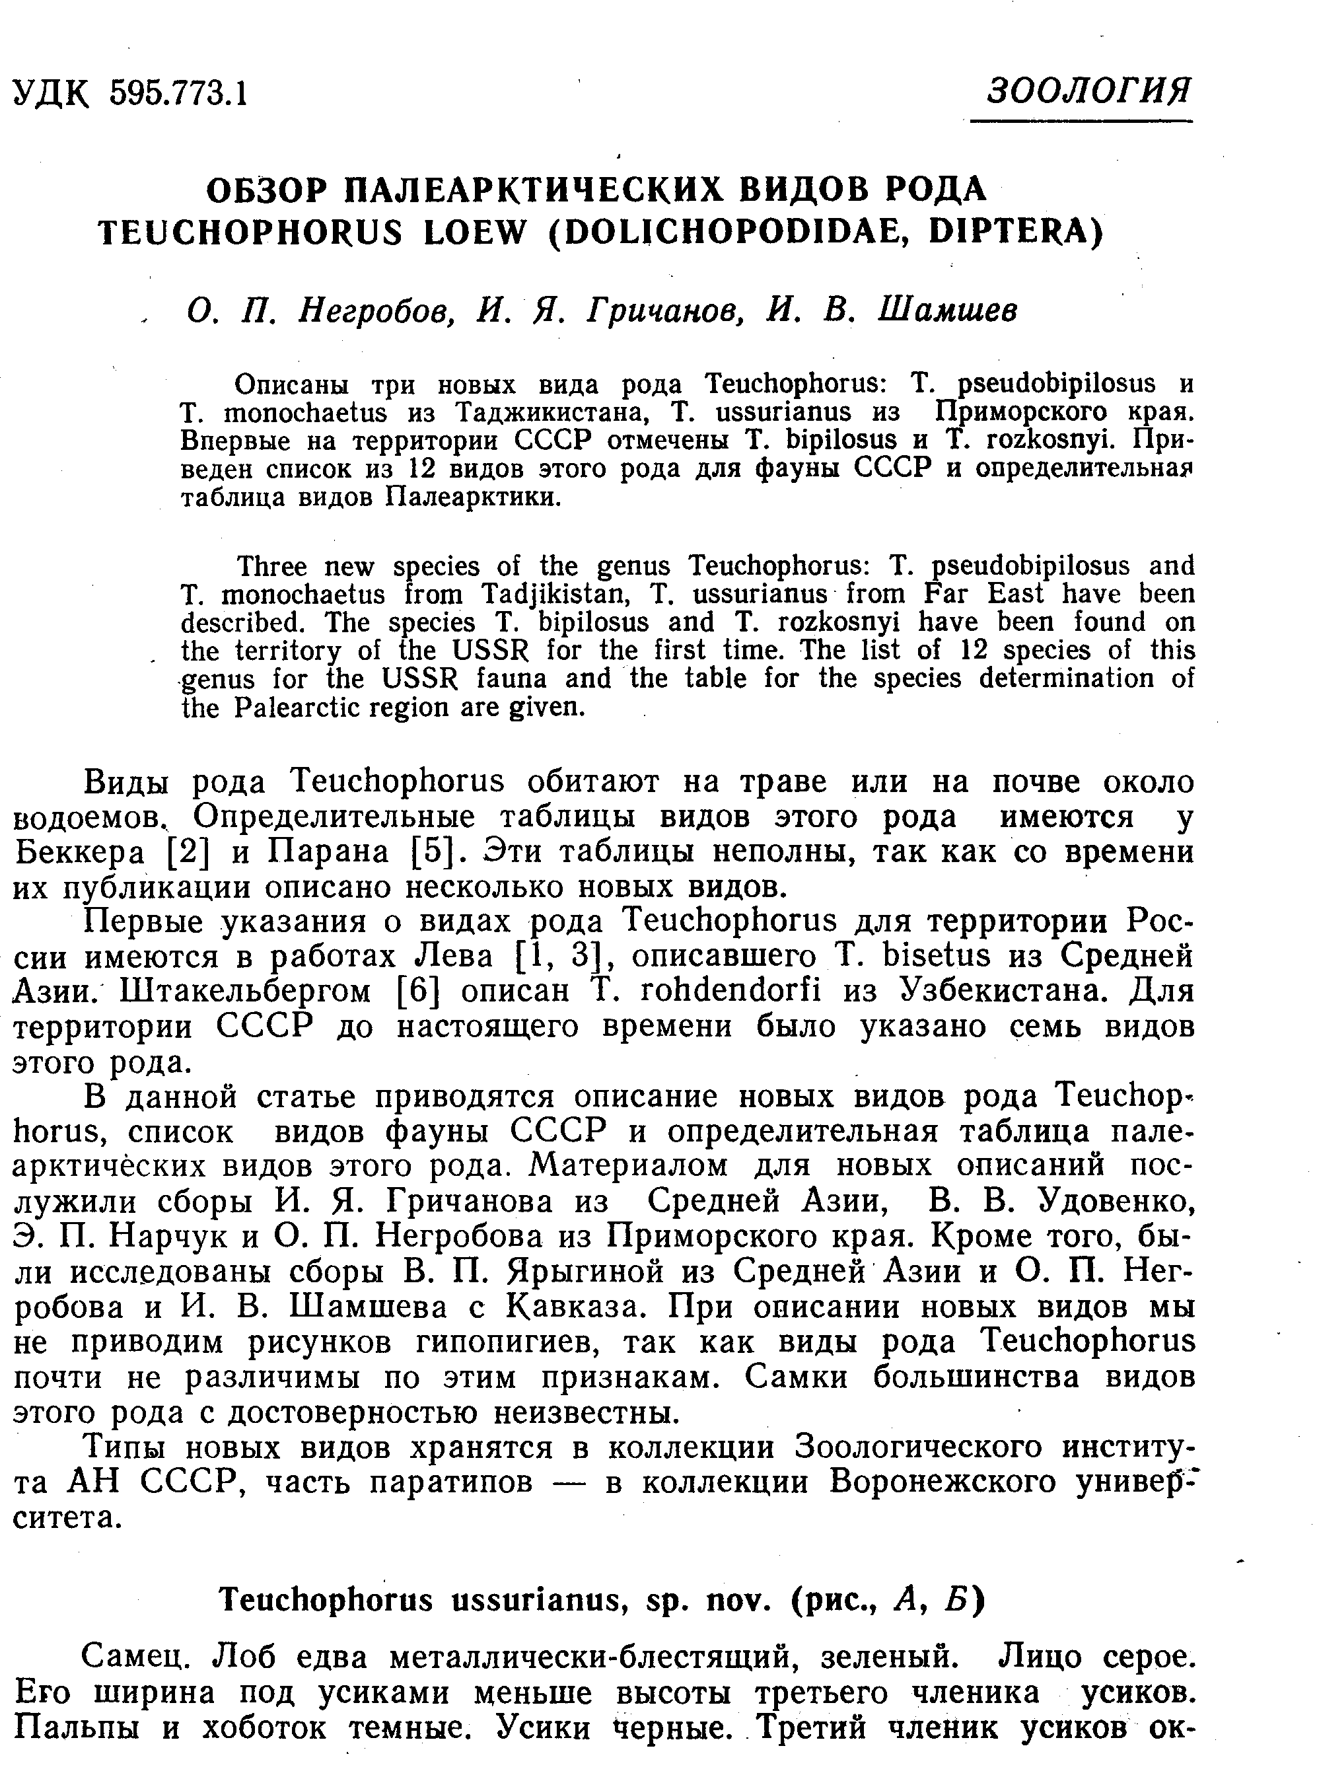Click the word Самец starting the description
coord(135,1659)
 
